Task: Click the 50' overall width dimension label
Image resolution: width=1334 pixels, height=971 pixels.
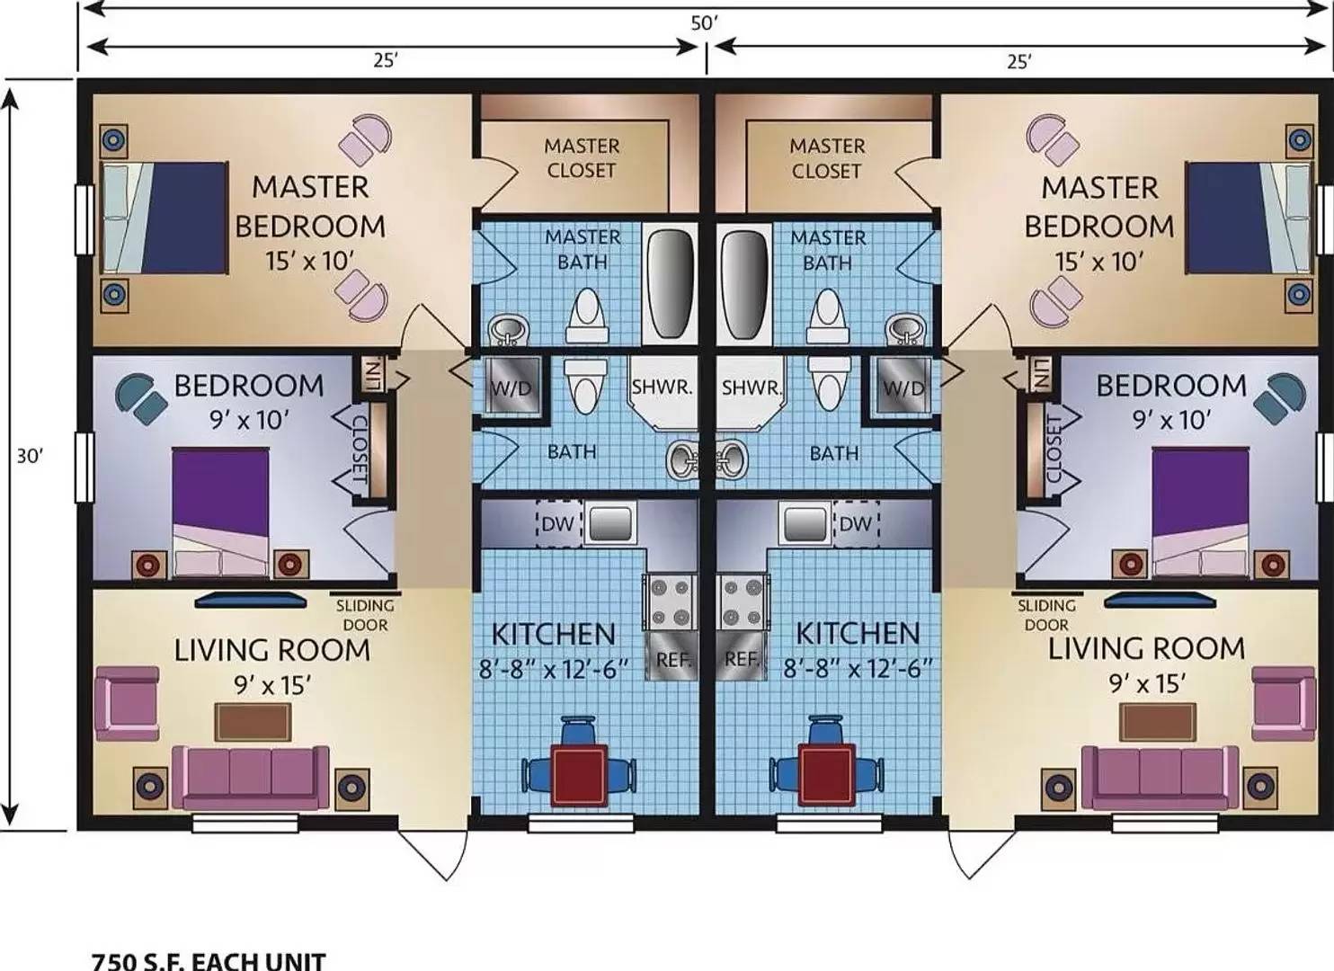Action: (x=704, y=22)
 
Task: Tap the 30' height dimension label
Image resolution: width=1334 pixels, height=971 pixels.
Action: (x=30, y=456)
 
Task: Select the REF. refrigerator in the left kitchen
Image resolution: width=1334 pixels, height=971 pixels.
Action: (x=672, y=659)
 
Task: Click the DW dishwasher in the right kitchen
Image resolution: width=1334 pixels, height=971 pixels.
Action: (x=855, y=523)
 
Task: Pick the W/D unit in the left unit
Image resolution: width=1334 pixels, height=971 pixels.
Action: (x=512, y=387)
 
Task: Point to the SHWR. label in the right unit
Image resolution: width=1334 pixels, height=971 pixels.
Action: (x=751, y=388)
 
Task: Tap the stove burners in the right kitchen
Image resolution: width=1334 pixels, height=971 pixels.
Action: (x=742, y=602)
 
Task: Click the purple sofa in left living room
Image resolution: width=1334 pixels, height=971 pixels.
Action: (x=250, y=777)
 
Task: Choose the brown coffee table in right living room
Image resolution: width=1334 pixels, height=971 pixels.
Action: (x=1157, y=722)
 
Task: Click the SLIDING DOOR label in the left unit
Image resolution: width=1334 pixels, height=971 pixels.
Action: (x=365, y=615)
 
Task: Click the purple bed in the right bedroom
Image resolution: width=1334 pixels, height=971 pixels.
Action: (x=1200, y=511)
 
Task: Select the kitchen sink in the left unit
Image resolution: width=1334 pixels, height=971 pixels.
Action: (x=610, y=522)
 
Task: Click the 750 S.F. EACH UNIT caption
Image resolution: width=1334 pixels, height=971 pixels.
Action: (x=209, y=961)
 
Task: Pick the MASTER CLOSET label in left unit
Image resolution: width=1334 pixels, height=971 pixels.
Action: (x=582, y=158)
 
